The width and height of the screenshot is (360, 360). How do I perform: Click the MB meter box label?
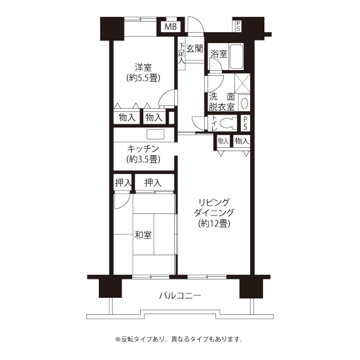pos(171,27)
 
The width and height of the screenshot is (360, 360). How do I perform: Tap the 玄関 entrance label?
pos(194,48)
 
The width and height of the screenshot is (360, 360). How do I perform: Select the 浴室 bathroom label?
pos(219,54)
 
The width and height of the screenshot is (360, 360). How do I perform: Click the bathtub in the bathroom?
pos(236,56)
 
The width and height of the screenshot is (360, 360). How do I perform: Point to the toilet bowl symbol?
pos(228,124)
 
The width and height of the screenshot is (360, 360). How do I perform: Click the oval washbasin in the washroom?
pos(244,103)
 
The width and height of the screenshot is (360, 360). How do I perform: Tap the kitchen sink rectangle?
pos(156,134)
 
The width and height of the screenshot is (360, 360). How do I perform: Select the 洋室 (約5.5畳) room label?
pos(143,73)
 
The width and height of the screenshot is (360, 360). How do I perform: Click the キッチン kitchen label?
pos(143,149)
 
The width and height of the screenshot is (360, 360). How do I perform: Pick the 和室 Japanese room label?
pos(143,235)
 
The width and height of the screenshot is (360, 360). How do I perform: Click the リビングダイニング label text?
pos(214,207)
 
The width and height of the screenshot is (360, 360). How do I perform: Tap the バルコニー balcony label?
pos(180,295)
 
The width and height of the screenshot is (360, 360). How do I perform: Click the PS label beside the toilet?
pos(245,123)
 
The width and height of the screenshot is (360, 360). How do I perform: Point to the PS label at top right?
pos(238,26)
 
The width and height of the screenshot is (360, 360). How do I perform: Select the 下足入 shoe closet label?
pos(181,54)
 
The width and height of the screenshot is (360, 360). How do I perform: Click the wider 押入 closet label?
pos(153,183)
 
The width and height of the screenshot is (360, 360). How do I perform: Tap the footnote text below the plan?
pos(179,339)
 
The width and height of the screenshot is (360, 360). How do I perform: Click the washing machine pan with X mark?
pos(242,83)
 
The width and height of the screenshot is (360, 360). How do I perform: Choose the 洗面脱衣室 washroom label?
pos(221,102)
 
